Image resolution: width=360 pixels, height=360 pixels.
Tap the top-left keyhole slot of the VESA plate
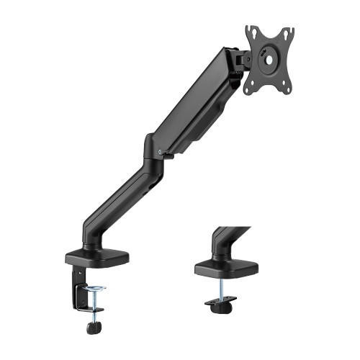[251, 32]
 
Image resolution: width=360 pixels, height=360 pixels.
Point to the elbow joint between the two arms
[153, 148]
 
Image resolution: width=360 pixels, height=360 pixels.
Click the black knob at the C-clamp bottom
[93, 328]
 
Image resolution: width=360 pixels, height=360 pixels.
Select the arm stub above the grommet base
[227, 238]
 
